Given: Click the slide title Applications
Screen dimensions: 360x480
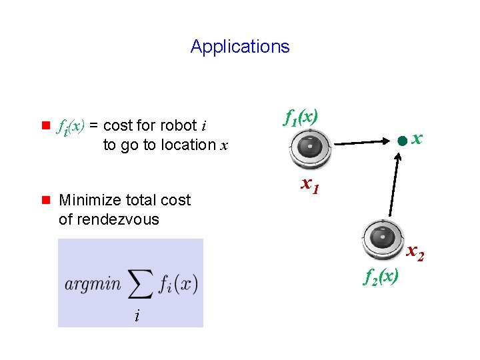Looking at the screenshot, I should click(x=240, y=47).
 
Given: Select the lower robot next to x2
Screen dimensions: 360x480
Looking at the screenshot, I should click(x=382, y=238).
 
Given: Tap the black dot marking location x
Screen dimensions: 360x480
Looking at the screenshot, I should click(x=401, y=141).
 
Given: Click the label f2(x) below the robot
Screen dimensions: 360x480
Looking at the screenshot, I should click(x=381, y=276).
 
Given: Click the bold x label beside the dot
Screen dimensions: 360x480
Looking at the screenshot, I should click(x=417, y=138).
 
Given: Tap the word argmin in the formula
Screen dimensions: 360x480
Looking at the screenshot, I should click(x=93, y=283).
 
